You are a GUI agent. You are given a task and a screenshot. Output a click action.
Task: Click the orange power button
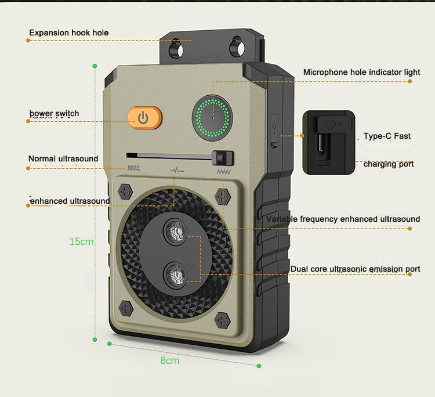143,118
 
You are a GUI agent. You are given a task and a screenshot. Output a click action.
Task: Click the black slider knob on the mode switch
223,158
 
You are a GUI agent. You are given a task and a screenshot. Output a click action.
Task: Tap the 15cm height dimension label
81,241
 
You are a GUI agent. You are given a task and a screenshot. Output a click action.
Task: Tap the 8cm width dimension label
169,360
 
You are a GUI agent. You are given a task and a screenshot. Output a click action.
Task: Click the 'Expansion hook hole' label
68,33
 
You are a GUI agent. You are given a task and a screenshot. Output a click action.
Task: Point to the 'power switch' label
54,113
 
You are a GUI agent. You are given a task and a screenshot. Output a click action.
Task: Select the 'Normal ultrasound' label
63,158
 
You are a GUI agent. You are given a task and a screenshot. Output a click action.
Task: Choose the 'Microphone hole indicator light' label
361,72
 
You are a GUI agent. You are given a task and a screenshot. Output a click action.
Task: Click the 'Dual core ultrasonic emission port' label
355,269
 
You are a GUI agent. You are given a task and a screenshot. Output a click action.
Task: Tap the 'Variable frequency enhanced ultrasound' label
343,219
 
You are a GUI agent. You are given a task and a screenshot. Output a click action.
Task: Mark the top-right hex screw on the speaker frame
221,193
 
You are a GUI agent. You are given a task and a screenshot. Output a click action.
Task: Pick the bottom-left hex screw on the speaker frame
125,308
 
